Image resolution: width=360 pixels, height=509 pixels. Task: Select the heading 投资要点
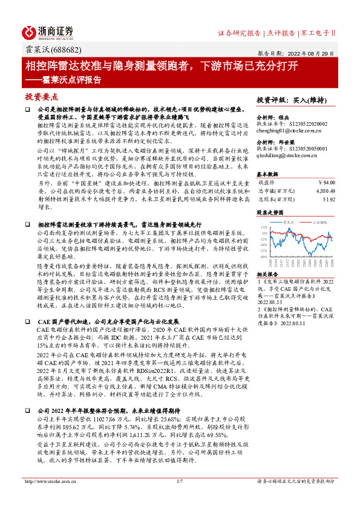tap(42, 97)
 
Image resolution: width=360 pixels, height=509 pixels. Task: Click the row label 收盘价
tap(267, 181)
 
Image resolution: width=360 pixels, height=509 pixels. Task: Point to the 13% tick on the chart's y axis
tap(264, 228)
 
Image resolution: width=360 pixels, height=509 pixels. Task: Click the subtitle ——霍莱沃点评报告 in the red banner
tap(63, 79)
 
